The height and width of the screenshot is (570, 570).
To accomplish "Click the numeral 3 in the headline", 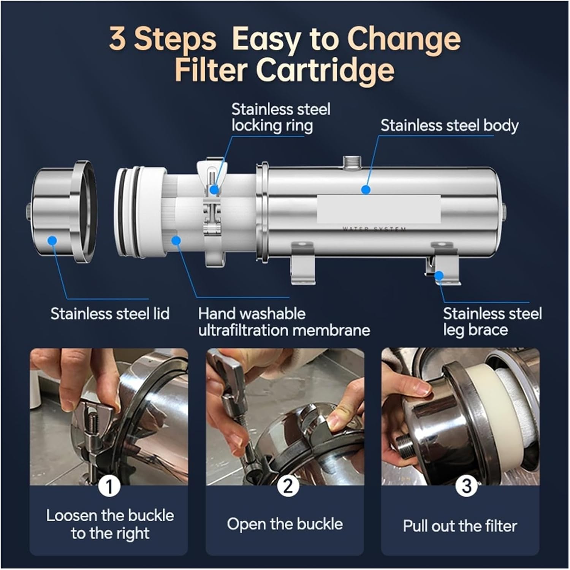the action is pos(117,39).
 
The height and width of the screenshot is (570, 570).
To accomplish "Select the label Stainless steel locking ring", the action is pos(281,117).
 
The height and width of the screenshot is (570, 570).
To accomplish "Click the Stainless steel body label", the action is pos(450,125).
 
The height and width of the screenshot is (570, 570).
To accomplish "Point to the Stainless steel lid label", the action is pos(110,314).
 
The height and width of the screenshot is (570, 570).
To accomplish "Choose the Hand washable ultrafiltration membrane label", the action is pos(284,322).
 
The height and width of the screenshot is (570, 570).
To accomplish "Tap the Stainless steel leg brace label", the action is pos(492,322).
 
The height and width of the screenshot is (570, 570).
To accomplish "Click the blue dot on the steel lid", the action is pos(52,240).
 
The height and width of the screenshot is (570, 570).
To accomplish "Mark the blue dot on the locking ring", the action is pos(214,189).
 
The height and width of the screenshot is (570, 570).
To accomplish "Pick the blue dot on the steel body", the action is pos(366,189).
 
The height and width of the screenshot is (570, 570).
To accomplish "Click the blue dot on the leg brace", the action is pos(439,275).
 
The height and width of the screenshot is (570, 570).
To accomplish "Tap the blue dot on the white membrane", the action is pos(176,240).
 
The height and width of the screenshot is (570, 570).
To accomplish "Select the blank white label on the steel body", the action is pos(379,209).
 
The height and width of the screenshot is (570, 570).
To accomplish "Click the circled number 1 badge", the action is pos(109,486).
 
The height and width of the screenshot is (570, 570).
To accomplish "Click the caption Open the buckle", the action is pos(285,524).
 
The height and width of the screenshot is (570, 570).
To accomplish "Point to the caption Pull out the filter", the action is pos(460,526).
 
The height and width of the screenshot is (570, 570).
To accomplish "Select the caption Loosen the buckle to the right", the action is pos(110,524).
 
